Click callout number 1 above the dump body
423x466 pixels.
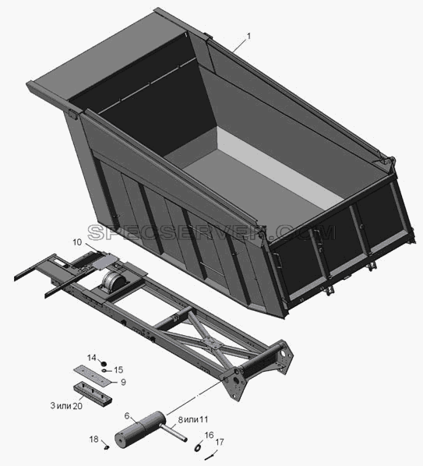click(x=249, y=36)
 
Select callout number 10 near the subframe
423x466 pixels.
click(x=77, y=242)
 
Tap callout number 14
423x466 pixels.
click(x=92, y=358)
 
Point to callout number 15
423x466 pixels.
click(x=118, y=369)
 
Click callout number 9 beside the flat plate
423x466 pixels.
click(x=123, y=382)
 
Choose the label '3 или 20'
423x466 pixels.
click(x=66, y=406)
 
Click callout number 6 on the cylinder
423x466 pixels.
click(x=127, y=416)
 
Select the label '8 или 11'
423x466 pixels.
click(x=193, y=420)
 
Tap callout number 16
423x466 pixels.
click(x=209, y=435)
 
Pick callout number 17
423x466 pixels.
click(x=220, y=442)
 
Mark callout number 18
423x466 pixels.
click(x=93, y=439)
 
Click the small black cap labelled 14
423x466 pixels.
click(x=104, y=363)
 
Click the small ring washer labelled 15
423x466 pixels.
click(x=105, y=370)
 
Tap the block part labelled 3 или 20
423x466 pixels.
click(x=93, y=392)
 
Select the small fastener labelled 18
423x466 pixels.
click(x=108, y=447)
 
